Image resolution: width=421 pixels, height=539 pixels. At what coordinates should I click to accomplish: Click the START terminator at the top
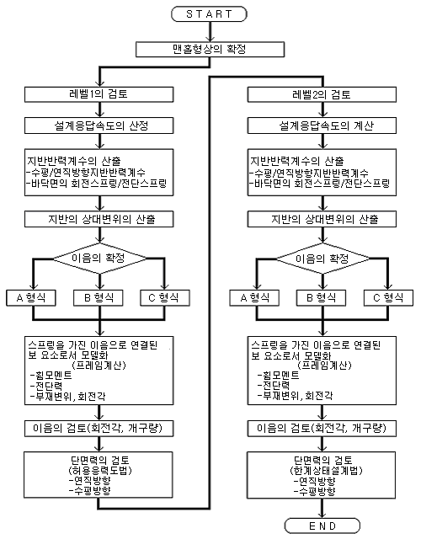point(209,14)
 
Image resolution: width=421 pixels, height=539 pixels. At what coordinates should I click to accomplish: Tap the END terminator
point(322,526)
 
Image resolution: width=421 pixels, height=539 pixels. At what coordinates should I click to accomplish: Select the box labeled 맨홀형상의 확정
point(210,49)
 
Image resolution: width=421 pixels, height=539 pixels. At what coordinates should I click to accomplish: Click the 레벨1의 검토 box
point(99,94)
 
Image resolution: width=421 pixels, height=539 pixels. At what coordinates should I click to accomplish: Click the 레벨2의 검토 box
point(322,94)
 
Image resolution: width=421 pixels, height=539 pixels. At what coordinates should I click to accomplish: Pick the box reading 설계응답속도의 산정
point(99,125)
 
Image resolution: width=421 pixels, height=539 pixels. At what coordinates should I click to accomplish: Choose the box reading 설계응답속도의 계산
point(322,125)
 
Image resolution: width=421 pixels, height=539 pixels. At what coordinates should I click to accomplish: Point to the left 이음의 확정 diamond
point(99,259)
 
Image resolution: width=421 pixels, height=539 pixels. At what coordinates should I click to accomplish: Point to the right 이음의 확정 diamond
point(322,259)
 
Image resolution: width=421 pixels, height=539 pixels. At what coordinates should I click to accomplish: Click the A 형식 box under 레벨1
point(31,297)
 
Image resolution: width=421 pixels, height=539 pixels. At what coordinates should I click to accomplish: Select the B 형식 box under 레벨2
point(321,297)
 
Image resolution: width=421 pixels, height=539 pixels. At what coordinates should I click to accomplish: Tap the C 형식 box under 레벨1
point(165,297)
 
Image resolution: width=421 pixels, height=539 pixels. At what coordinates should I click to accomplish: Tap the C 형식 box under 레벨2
point(388,297)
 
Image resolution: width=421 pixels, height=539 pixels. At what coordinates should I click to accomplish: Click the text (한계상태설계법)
point(322,470)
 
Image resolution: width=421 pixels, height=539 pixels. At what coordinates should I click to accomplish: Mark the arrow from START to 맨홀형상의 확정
point(210,32)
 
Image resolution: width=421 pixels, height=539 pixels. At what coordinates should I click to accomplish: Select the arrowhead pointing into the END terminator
point(322,514)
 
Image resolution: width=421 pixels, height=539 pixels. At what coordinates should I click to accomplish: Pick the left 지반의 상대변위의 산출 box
point(99,219)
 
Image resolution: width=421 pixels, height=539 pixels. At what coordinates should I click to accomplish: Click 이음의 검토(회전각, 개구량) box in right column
point(322,429)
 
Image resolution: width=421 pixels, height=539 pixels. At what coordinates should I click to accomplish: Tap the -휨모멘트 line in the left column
point(51,375)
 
